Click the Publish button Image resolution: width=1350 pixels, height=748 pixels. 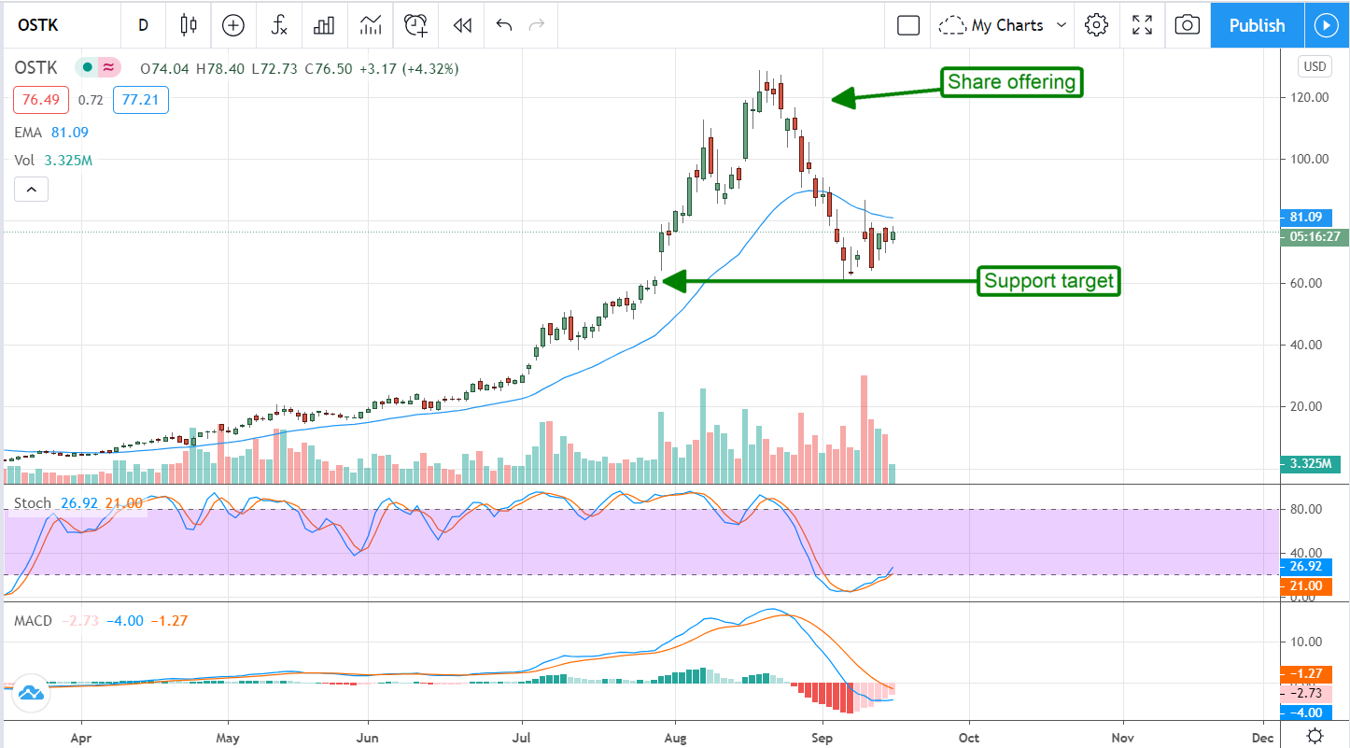(1257, 25)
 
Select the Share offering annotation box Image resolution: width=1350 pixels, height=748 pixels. (1011, 82)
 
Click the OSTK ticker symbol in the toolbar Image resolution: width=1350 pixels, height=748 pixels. (37, 25)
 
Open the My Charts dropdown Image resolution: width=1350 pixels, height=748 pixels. (1005, 25)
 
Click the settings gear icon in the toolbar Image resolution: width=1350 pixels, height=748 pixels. (1097, 25)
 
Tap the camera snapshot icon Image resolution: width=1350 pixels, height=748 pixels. (1187, 25)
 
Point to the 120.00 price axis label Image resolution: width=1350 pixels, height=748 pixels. (1308, 97)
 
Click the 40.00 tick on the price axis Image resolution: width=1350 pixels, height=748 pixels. (1308, 345)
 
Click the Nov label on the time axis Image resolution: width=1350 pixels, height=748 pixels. (1123, 735)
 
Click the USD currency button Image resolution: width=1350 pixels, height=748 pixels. (1315, 66)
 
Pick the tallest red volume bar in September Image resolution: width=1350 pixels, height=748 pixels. (865, 429)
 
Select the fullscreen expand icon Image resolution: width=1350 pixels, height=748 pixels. (1142, 25)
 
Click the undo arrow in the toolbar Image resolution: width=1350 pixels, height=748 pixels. (504, 25)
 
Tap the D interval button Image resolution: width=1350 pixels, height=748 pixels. (143, 25)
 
